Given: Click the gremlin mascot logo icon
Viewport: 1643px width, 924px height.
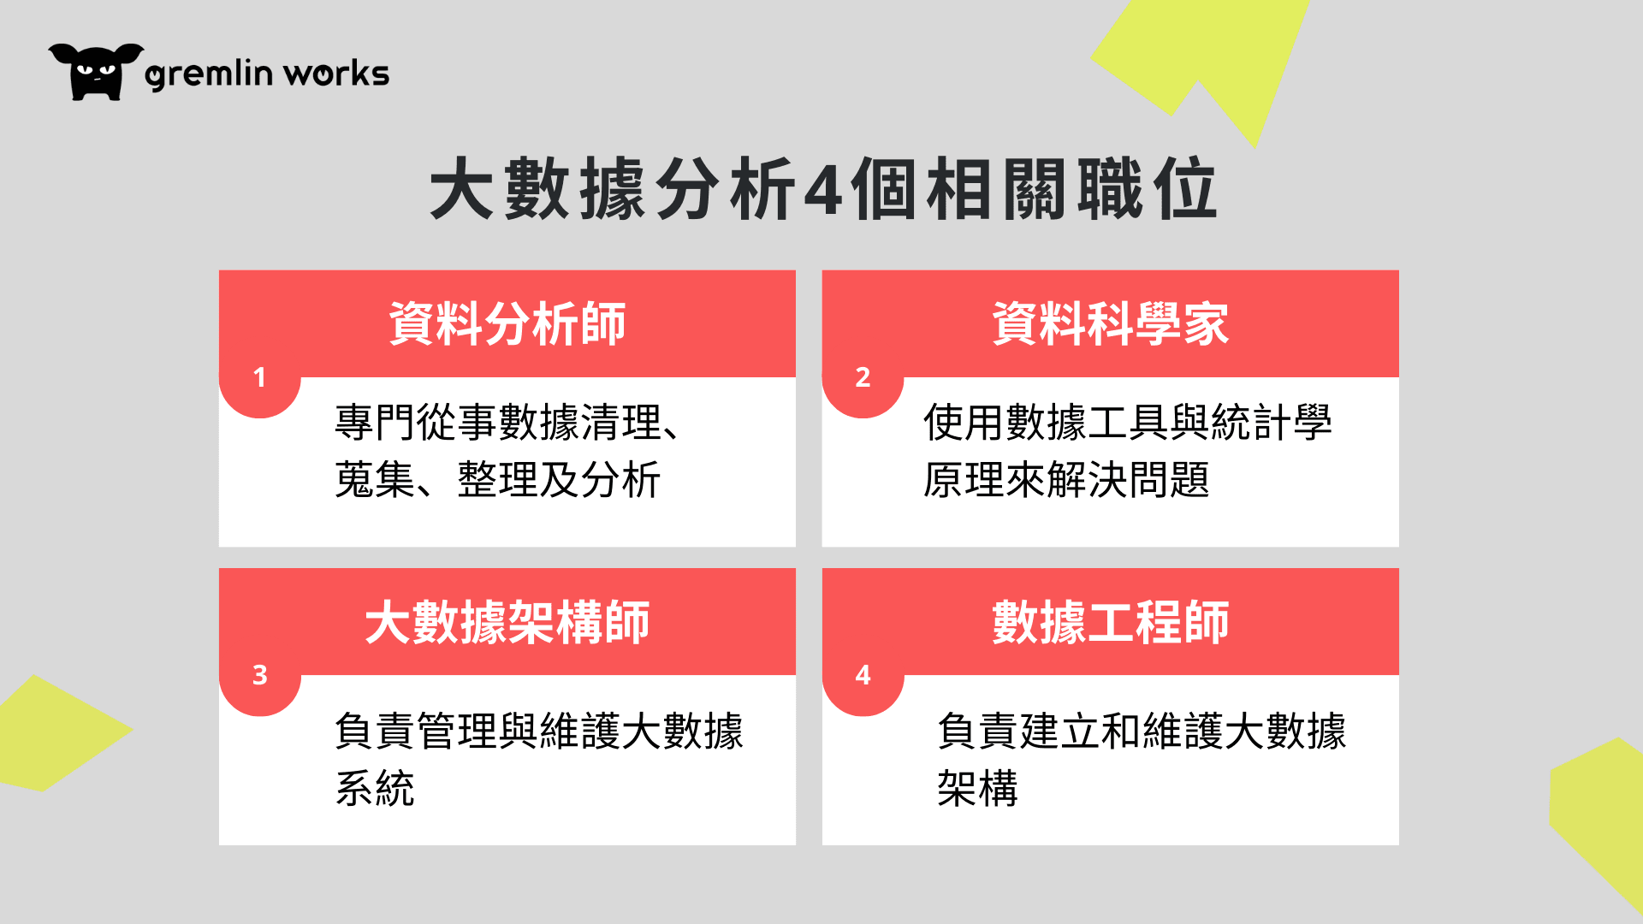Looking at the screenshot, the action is click(x=96, y=72).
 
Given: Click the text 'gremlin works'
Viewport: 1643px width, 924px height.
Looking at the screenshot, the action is click(x=267, y=74).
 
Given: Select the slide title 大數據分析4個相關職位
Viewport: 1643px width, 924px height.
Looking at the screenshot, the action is click(x=822, y=188).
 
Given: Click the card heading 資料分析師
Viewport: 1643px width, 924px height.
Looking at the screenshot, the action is click(x=507, y=323).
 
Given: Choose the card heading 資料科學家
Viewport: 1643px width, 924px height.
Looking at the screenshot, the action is click(x=1111, y=323).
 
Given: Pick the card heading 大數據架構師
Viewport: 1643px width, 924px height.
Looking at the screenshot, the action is click(x=507, y=622).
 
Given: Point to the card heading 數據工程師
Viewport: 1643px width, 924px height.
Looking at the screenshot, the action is click(x=1111, y=622).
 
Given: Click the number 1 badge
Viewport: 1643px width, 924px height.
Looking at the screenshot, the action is click(x=260, y=377).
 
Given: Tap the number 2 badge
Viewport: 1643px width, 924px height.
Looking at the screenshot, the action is click(x=863, y=377).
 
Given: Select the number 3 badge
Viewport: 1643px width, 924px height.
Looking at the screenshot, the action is click(x=260, y=675).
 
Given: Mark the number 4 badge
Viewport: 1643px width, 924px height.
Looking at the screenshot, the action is click(x=863, y=675).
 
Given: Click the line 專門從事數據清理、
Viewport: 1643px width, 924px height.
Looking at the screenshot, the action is click(x=508, y=423).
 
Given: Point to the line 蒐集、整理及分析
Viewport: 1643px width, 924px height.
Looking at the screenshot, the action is click(x=498, y=479).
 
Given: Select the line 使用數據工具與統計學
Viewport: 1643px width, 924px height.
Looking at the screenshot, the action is click(x=1128, y=423).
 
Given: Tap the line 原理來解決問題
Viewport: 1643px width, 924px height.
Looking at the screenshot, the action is click(x=1066, y=479).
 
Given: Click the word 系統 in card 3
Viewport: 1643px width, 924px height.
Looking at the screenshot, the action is click(x=375, y=788).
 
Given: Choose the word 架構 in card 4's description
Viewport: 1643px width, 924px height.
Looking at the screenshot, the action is click(x=977, y=788).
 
